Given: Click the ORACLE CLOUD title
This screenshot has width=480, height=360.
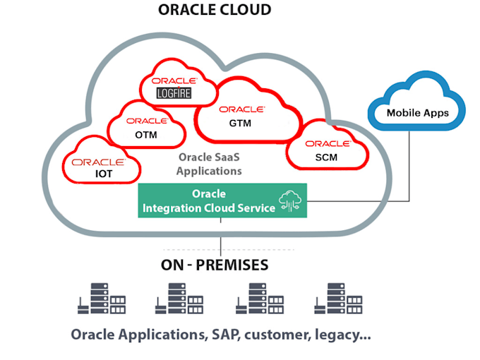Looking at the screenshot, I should [215, 10].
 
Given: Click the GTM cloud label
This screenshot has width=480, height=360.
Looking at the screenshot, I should [241, 123].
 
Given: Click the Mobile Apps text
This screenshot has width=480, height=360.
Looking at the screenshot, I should [417, 113].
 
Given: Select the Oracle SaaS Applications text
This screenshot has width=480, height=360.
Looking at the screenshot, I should [209, 164].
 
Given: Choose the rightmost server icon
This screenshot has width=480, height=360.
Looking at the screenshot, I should [338, 300].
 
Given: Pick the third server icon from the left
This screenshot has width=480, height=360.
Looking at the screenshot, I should [259, 300].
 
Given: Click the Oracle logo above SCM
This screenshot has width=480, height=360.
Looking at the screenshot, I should [328, 143].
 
